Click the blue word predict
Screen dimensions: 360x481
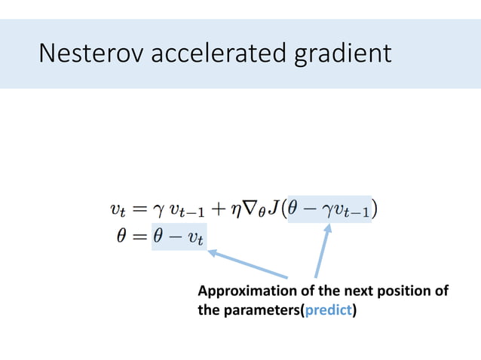329,308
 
